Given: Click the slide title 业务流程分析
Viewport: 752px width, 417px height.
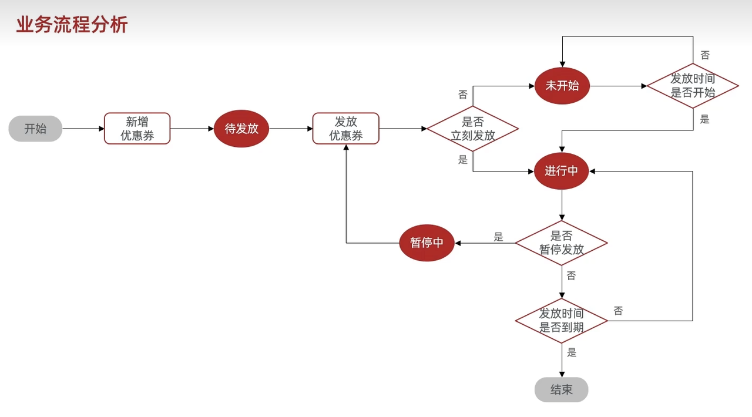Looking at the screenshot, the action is pos(72,25).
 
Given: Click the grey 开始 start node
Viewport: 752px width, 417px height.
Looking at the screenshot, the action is pos(35,129).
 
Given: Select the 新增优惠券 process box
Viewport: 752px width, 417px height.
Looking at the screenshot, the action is pos(137,129).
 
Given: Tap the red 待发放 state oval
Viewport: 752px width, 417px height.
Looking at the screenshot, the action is pos(241,129).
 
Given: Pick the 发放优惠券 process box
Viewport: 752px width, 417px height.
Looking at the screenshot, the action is pos(345,129).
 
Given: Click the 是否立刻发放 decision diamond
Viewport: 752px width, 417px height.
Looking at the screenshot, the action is pos(472,129).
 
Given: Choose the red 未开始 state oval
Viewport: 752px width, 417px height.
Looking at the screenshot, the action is pos(562,86).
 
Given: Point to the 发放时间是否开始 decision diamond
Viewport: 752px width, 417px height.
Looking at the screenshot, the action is pos(693,86).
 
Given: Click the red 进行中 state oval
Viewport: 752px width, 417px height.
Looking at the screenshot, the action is pos(562,171).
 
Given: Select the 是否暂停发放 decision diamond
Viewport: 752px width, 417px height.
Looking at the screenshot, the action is pos(561,243).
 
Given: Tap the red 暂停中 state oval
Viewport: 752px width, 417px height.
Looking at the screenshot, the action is pos(427,243).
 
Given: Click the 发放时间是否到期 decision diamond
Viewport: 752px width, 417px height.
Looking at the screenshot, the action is pos(561,321).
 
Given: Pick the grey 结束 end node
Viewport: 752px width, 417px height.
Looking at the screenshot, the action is pos(561,390).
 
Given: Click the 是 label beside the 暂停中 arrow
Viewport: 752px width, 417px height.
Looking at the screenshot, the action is pos(498,237).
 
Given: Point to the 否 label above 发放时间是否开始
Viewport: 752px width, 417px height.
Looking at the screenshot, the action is pos(705,55).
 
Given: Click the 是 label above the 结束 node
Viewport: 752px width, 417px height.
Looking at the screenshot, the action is pos(572,352).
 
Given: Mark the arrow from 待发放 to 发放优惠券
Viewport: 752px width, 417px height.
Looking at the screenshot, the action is pos(290,129).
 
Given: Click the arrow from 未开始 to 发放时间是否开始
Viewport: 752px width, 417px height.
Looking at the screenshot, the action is pos(617,86).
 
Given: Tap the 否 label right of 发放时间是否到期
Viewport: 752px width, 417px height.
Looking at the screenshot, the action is pos(618,311).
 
